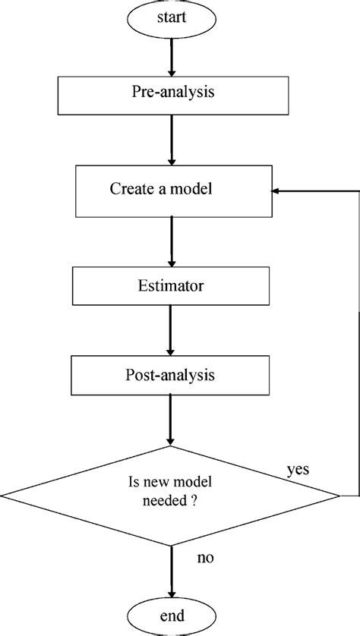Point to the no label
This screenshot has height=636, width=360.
coord(205,558)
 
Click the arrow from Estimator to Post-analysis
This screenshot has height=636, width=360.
coord(172,331)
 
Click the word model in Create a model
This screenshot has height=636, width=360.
coord(193,190)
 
